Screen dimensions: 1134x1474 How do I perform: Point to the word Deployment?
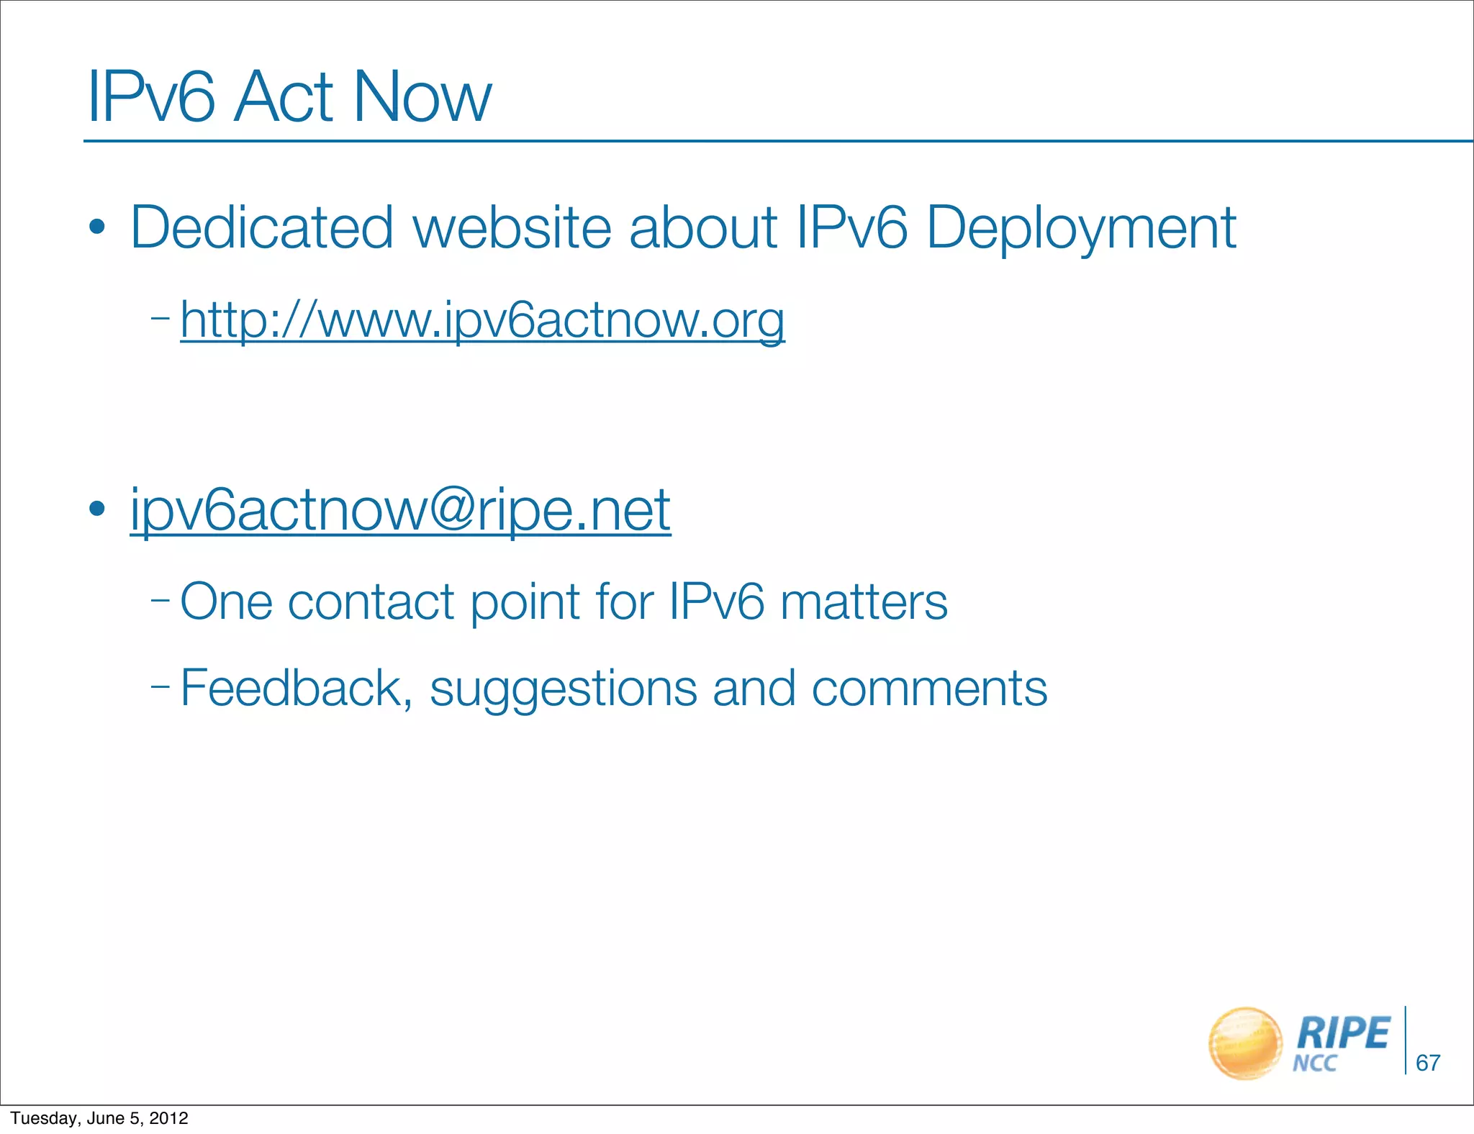1081,229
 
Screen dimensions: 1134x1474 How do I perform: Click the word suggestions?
564,689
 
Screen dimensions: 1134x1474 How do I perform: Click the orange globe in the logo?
1245,1043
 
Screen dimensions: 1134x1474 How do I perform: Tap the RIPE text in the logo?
1343,1033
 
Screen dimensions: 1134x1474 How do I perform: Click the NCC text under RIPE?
1314,1063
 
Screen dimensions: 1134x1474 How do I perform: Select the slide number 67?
1428,1063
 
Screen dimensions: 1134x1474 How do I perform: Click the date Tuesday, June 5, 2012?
99,1118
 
